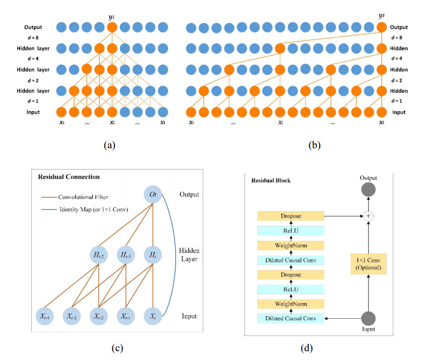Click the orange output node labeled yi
[x=111, y=27]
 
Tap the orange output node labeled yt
[x=382, y=28]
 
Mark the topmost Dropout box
[x=291, y=214]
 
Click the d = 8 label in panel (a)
[x=31, y=38]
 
